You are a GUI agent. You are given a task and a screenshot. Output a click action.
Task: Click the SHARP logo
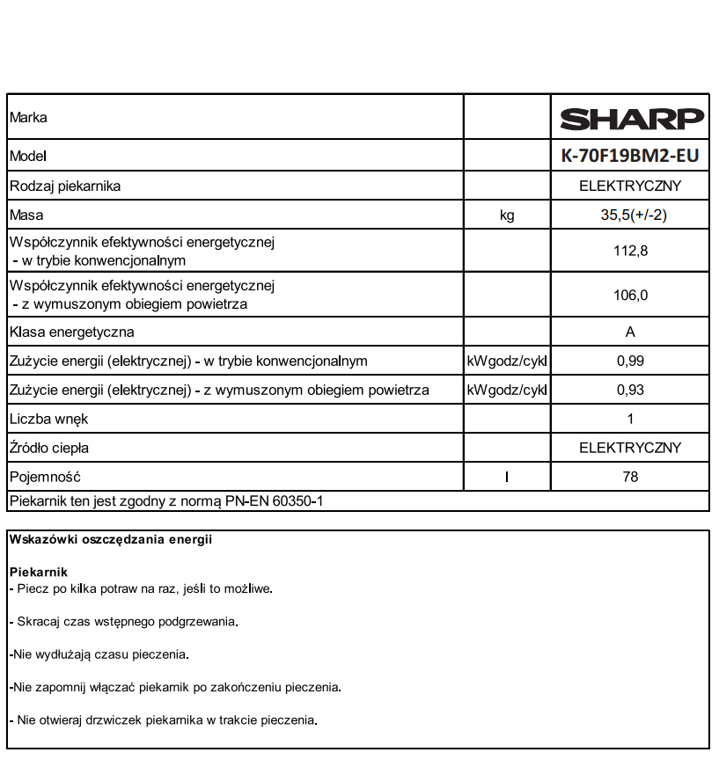(x=632, y=118)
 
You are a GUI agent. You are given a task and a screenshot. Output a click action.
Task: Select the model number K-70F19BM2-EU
(x=630, y=156)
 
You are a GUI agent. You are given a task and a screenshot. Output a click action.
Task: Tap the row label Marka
(x=28, y=117)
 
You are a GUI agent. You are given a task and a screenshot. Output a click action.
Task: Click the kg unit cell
(x=507, y=215)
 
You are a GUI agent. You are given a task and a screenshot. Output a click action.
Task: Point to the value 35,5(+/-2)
(x=630, y=215)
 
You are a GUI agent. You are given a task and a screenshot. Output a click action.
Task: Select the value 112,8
(x=630, y=252)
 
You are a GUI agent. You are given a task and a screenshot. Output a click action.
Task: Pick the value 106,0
(x=630, y=296)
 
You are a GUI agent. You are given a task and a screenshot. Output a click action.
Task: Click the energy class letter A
(x=630, y=332)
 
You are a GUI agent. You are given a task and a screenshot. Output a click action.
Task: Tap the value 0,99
(x=630, y=362)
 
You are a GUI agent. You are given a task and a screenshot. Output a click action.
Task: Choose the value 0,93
(x=630, y=391)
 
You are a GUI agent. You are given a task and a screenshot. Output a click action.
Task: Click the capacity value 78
(x=630, y=477)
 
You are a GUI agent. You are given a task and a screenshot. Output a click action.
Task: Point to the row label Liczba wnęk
(x=48, y=419)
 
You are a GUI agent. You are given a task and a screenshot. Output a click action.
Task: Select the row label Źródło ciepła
(x=49, y=448)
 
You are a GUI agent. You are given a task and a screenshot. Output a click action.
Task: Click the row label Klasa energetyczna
(x=71, y=332)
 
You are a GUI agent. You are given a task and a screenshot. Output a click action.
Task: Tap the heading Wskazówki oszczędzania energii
(x=110, y=540)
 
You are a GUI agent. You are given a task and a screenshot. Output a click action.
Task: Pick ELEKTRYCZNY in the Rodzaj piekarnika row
(x=630, y=186)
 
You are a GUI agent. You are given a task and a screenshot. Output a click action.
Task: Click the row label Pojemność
(x=45, y=477)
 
